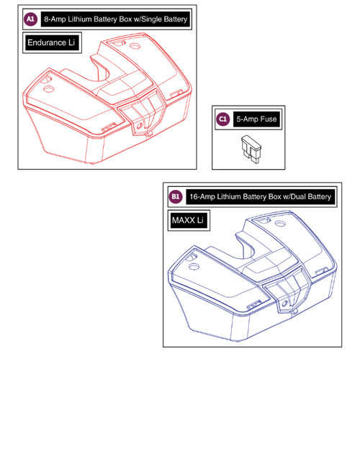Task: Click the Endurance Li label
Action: click(51, 44)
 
